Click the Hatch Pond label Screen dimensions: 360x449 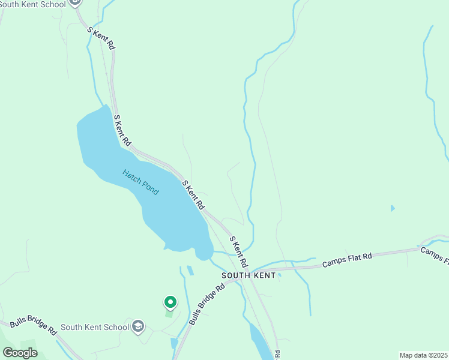click(140, 182)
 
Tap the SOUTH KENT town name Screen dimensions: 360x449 click(249, 275)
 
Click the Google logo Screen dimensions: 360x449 click(20, 353)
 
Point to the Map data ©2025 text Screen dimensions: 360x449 click(423, 355)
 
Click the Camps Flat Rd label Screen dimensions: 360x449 click(347, 260)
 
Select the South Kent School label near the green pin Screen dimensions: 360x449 click(95, 327)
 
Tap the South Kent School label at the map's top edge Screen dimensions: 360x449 click(33, 4)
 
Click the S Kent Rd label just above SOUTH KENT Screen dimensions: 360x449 click(238, 252)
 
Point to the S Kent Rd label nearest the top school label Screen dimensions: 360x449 click(101, 38)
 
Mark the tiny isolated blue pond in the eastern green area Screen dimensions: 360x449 click(393, 208)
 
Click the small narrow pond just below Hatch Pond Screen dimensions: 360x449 click(190, 270)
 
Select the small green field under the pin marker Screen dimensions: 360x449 click(169, 313)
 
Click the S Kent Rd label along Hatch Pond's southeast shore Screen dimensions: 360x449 click(193, 194)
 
